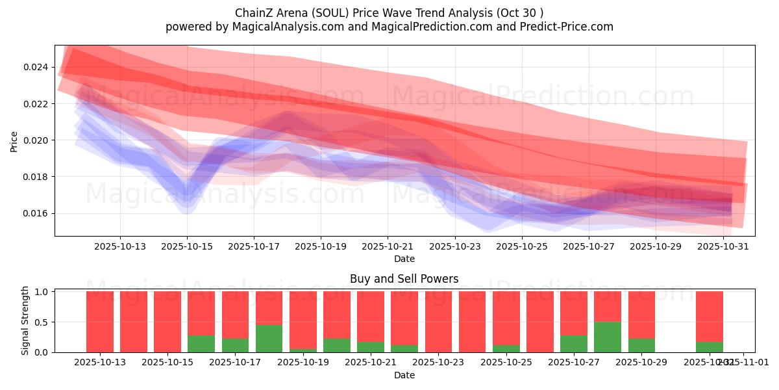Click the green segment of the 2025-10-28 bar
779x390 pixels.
coord(608,337)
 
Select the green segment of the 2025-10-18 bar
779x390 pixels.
coord(269,338)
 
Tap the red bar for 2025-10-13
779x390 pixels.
coord(100,322)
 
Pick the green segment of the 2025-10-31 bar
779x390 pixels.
coord(709,346)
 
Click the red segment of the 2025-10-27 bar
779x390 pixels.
coord(574,313)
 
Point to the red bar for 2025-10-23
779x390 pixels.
coord(438,322)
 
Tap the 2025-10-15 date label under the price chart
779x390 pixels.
coord(187,246)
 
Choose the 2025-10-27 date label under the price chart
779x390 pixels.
coord(589,246)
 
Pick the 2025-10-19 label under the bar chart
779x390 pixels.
coord(303,362)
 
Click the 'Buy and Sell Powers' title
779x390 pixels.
coord(404,279)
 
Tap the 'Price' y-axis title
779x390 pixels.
coord(14,141)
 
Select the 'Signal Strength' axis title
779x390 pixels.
coord(25,320)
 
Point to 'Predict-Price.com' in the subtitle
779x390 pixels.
coord(569,27)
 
